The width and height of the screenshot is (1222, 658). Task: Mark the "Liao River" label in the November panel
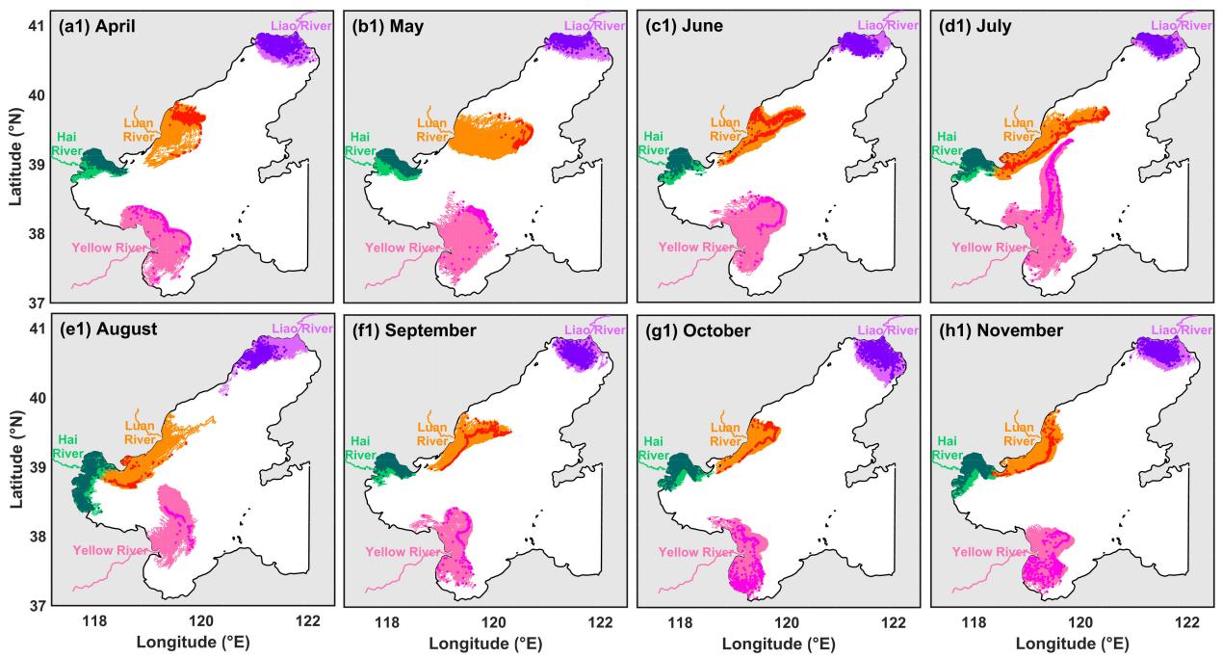1174,329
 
